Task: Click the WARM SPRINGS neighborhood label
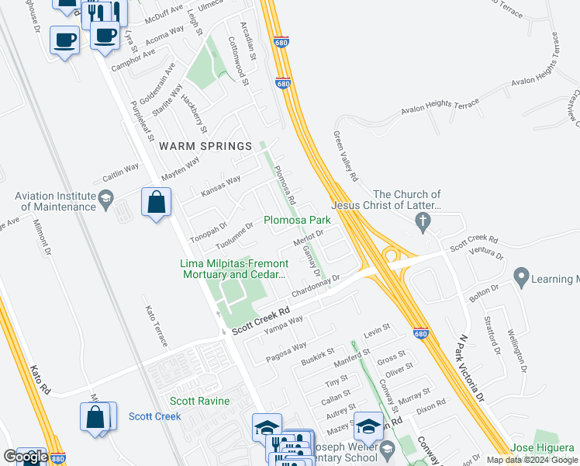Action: click(x=205, y=146)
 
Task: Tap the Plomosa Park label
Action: click(x=298, y=220)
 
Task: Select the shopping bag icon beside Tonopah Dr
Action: click(x=157, y=203)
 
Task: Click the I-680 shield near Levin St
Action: click(x=419, y=330)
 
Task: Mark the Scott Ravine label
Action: click(x=200, y=401)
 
